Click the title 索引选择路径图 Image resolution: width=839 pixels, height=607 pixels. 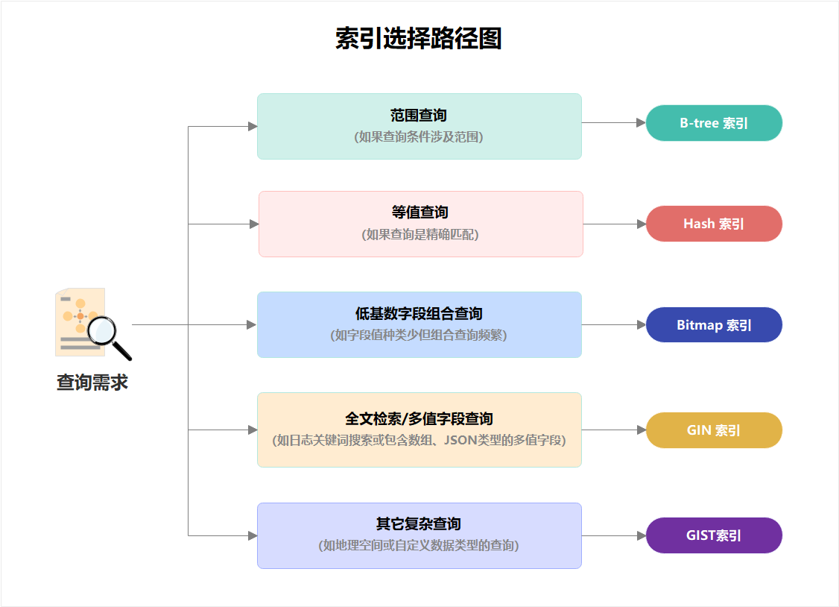pyautogui.click(x=419, y=39)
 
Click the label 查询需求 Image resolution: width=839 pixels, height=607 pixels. pyautogui.click(x=92, y=383)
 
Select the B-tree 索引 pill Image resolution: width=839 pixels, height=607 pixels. pyautogui.click(x=714, y=123)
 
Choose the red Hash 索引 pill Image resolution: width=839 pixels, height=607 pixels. pyautogui.click(x=714, y=224)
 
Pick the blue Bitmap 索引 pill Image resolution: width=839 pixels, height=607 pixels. pyautogui.click(x=714, y=325)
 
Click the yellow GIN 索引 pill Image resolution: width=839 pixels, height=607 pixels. pyautogui.click(x=714, y=430)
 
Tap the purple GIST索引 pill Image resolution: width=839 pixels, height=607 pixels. pyautogui.click(x=714, y=535)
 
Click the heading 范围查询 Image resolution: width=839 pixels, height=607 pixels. pyautogui.click(x=419, y=116)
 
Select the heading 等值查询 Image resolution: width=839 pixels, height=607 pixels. pyautogui.click(x=420, y=213)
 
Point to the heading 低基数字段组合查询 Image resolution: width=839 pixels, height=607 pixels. pyautogui.click(x=419, y=314)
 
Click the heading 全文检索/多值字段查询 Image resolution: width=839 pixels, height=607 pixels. pyautogui.click(x=419, y=419)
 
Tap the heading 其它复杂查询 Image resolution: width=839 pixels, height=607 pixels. pyautogui.click(x=419, y=523)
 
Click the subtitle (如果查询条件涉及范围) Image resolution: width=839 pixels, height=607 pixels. pyautogui.click(x=419, y=137)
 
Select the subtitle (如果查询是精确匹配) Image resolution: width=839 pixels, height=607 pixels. pyautogui.click(x=420, y=234)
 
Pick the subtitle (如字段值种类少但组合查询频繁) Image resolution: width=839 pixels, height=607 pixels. pyautogui.click(x=419, y=336)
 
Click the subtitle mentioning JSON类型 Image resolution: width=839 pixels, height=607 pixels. pyautogui.click(x=419, y=441)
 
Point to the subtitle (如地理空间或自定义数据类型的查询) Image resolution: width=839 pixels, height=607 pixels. pyautogui.click(x=419, y=545)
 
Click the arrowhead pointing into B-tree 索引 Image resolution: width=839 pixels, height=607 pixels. pyautogui.click(x=641, y=123)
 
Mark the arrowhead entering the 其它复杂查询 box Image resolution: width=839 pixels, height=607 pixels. pyautogui.click(x=253, y=535)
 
